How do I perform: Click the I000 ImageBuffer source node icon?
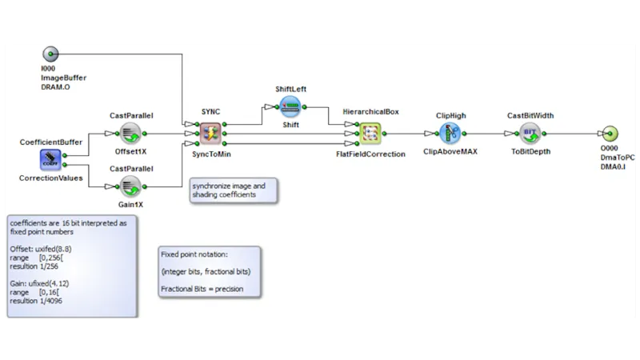(50, 54)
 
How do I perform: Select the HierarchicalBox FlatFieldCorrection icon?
(370, 134)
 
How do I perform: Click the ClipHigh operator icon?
(450, 134)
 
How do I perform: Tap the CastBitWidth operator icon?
(530, 134)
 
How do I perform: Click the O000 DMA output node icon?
(610, 134)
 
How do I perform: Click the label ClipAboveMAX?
(450, 153)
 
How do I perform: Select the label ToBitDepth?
(530, 151)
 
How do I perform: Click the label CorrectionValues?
(50, 179)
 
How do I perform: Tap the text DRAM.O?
(56, 86)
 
